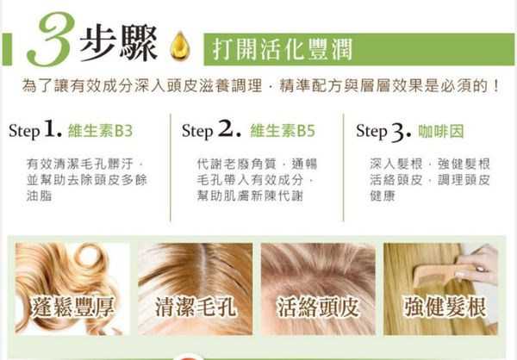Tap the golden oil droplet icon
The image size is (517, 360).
point(180,44)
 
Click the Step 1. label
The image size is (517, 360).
point(35,132)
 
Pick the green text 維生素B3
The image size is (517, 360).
point(100,132)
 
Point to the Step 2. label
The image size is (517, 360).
point(211,132)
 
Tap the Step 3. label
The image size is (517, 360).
point(383,132)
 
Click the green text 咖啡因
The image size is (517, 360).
point(441,132)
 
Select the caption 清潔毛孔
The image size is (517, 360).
point(191,307)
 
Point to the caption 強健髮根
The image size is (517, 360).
point(445,307)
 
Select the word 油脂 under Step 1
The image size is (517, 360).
point(40,196)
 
